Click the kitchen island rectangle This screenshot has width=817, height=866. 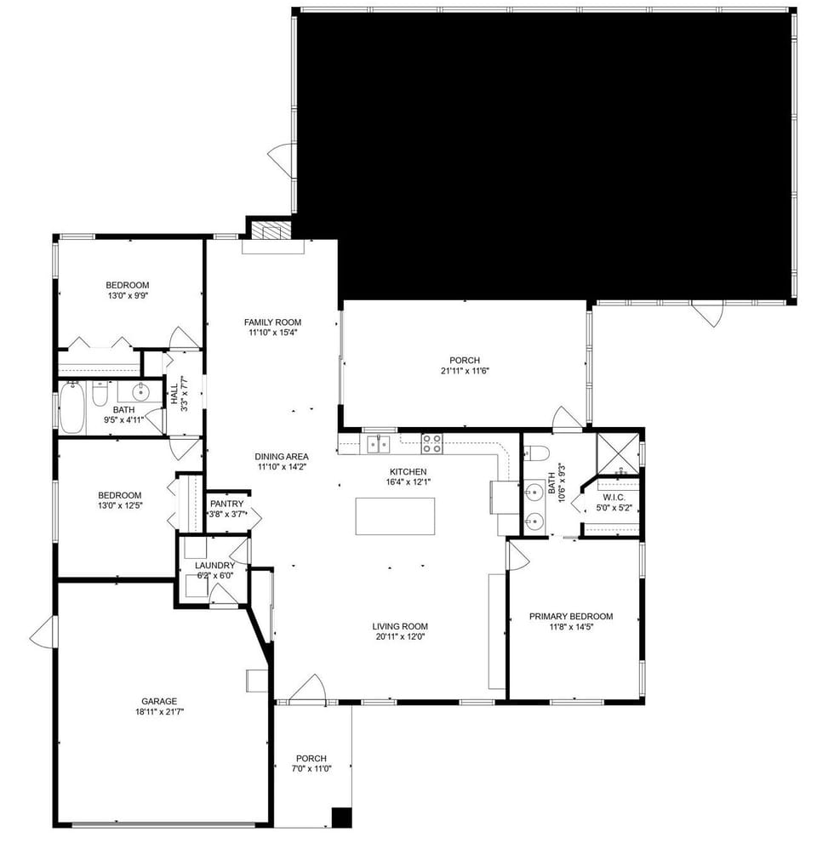(x=395, y=516)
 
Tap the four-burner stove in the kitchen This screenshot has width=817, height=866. (x=431, y=443)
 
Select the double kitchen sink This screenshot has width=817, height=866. (x=379, y=443)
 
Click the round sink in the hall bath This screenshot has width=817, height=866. (x=140, y=392)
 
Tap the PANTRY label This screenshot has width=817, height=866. (x=227, y=504)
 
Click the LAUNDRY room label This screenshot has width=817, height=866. (x=214, y=565)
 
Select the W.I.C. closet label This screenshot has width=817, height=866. (x=614, y=497)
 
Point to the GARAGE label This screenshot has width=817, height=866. (x=160, y=701)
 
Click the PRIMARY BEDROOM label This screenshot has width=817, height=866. (x=570, y=617)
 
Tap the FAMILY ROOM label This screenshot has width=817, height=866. (x=272, y=322)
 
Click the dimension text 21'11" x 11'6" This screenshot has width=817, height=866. (x=465, y=370)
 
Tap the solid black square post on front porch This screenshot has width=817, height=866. (x=341, y=816)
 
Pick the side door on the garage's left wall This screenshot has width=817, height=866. (x=43, y=631)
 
